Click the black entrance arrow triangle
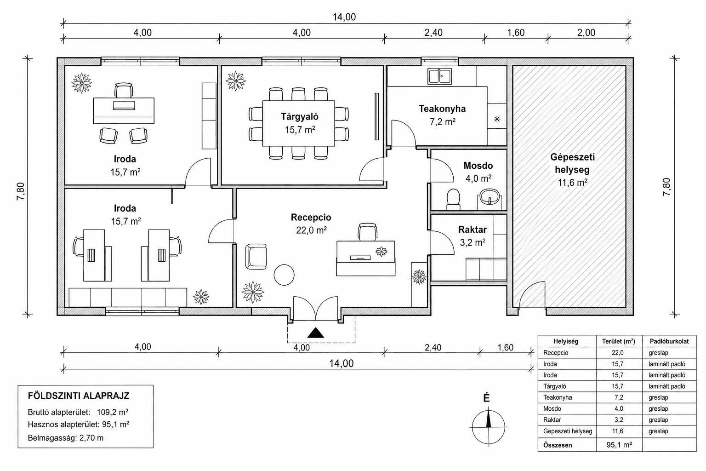[x=315, y=333]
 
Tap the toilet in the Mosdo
[x=453, y=199]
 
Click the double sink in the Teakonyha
[x=439, y=76]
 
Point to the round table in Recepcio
[x=284, y=275]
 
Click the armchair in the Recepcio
[x=256, y=257]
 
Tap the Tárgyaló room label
[x=300, y=117]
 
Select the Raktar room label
[x=472, y=230]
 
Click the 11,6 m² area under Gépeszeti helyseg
[x=572, y=183]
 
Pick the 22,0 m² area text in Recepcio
[x=311, y=230]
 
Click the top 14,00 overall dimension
[x=344, y=17]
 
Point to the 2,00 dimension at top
[x=586, y=33]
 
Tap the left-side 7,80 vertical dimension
[x=21, y=191]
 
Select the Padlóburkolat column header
[x=669, y=341]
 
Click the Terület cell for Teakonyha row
[x=619, y=397]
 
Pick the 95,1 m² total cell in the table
[x=619, y=445]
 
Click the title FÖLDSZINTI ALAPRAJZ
[x=79, y=396]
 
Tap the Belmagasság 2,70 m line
[x=66, y=438]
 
